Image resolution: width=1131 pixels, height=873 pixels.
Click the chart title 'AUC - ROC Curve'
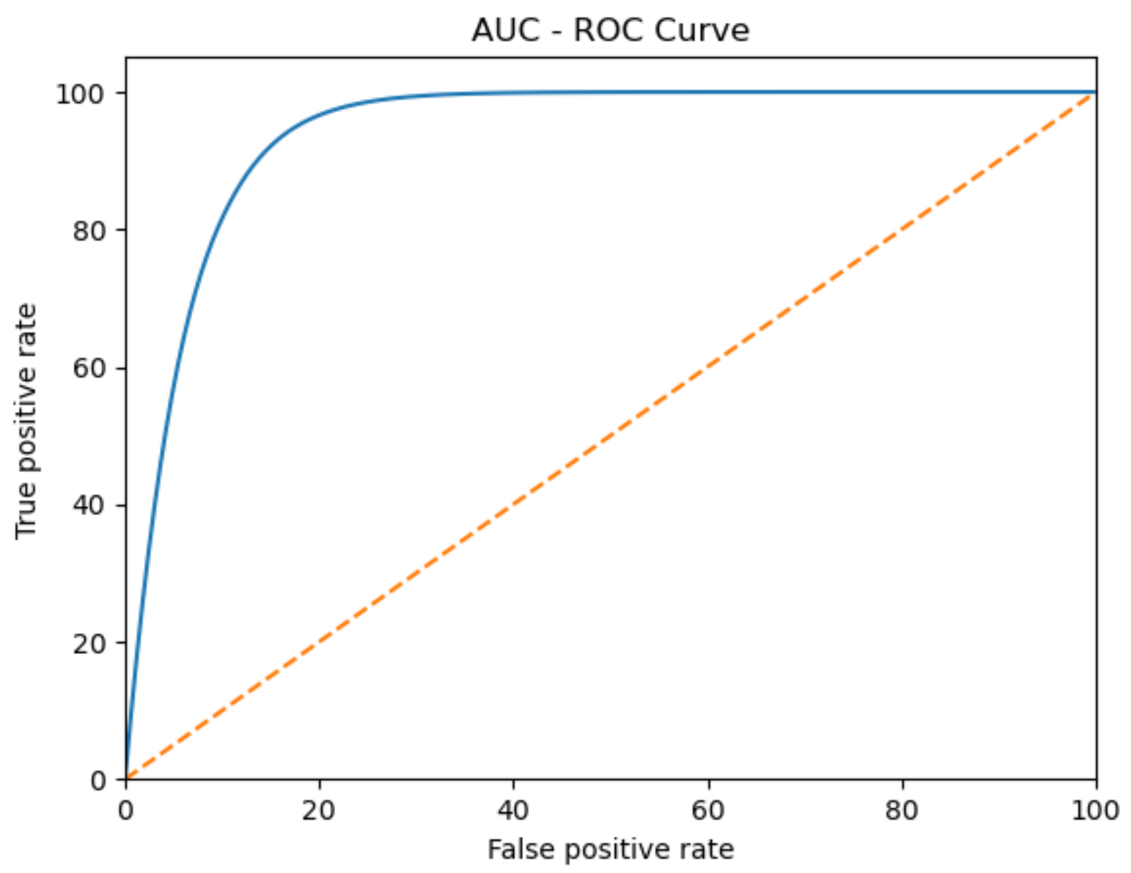point(610,30)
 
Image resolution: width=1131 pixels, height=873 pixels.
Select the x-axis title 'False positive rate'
point(610,849)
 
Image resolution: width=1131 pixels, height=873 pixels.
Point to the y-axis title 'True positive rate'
point(25,421)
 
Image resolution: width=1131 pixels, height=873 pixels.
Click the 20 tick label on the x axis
point(319,811)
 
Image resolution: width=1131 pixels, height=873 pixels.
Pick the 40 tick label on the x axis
point(513,811)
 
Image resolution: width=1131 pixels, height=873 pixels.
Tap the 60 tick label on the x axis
point(708,811)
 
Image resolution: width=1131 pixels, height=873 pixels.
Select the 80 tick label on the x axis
point(901,811)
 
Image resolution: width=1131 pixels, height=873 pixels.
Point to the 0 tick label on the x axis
point(126,811)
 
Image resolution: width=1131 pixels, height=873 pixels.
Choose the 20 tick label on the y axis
point(89,643)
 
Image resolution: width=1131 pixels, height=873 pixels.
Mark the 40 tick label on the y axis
point(89,506)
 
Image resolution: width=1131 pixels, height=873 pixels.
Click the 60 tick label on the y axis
point(89,368)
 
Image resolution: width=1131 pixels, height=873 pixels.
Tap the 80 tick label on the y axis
point(89,231)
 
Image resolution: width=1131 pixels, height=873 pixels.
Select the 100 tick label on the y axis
point(80,94)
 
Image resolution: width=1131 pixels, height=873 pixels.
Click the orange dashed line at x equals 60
point(708,367)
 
